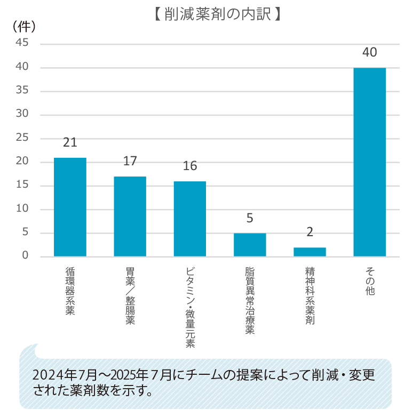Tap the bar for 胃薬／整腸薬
(130, 216)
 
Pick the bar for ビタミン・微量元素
(189, 219)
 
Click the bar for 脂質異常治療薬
(250, 245)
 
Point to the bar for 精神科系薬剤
(309, 252)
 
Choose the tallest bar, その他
(369, 162)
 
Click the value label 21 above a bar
(70, 143)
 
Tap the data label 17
(130, 161)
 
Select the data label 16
(189, 166)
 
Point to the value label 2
(309, 232)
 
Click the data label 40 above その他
(369, 52)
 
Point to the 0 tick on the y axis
(25, 256)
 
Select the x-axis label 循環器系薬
(70, 291)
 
